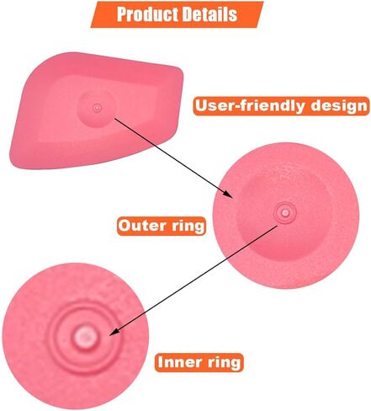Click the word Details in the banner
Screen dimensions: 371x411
click(x=210, y=14)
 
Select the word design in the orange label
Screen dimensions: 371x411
click(x=338, y=105)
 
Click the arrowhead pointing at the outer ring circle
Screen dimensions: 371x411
click(x=228, y=194)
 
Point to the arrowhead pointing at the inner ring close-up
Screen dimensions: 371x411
click(x=114, y=332)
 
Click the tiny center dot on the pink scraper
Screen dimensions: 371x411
click(x=97, y=108)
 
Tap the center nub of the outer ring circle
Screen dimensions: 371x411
click(x=285, y=213)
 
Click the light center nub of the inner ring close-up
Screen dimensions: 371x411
click(x=85, y=336)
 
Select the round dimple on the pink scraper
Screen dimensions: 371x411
click(x=97, y=109)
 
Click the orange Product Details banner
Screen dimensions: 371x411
click(x=177, y=14)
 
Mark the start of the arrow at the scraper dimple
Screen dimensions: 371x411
click(x=115, y=119)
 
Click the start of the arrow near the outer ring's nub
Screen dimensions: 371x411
click(x=277, y=226)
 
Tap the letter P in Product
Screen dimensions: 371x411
click(x=122, y=14)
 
